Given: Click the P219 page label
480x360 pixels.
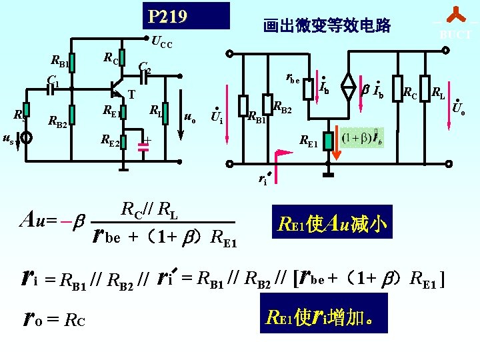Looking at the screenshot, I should tap(167, 15).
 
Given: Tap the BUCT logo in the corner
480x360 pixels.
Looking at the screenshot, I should tap(455, 25).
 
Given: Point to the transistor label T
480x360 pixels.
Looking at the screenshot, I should tap(131, 95).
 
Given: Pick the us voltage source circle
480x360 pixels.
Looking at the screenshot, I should tap(25, 139).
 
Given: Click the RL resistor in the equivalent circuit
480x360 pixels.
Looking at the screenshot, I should tap(425, 87).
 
